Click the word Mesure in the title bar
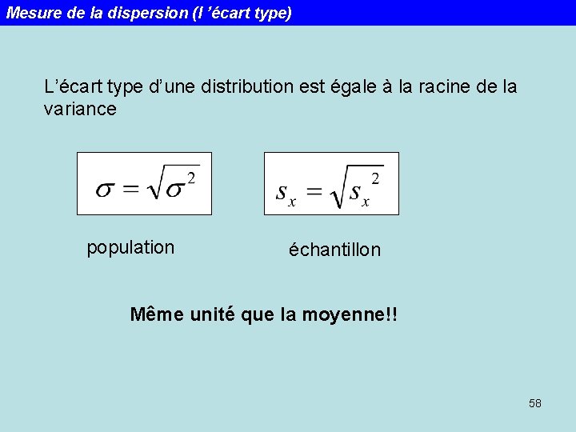click(30, 13)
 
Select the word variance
click(80, 109)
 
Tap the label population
click(130, 247)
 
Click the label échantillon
click(335, 250)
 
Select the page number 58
click(535, 403)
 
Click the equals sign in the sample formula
click(315, 192)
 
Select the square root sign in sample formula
click(339, 188)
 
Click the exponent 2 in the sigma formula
click(191, 175)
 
